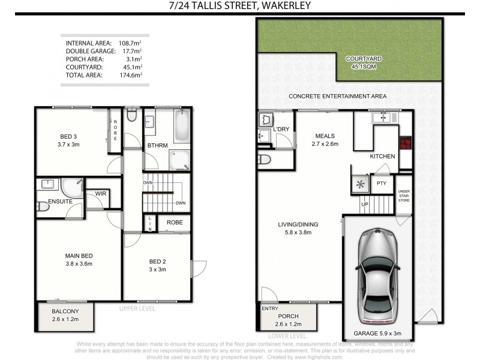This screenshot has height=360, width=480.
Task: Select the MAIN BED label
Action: [x=79, y=256]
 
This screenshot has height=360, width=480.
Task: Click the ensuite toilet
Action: [x=43, y=206]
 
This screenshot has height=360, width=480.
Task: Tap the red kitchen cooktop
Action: [x=406, y=143]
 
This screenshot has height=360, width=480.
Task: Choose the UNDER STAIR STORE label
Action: [x=404, y=196]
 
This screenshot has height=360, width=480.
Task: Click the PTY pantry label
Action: [x=381, y=183]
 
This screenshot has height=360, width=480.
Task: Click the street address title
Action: [x=240, y=7]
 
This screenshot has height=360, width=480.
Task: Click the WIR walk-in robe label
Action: [x=100, y=194]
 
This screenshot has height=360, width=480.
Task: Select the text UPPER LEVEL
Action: [x=137, y=308]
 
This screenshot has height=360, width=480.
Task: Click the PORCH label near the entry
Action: [x=288, y=317]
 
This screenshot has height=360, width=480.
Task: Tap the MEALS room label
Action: [x=323, y=136]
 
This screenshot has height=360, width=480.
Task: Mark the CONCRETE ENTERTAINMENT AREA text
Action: [x=337, y=96]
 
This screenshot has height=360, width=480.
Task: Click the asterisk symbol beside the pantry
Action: [x=359, y=184]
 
